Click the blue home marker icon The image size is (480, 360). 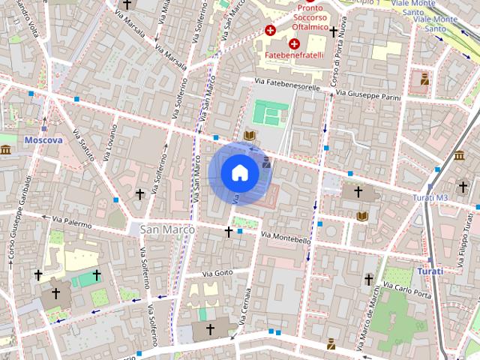pyautogui.click(x=240, y=173)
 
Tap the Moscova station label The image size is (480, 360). pyautogui.click(x=43, y=140)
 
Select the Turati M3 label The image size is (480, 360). pyautogui.click(x=430, y=197)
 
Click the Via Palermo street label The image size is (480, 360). pyautogui.click(x=72, y=222)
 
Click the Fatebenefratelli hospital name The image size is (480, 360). pyautogui.click(x=292, y=55)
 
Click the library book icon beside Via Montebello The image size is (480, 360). pyautogui.click(x=363, y=216)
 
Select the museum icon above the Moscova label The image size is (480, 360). pyautogui.click(x=5, y=151)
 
